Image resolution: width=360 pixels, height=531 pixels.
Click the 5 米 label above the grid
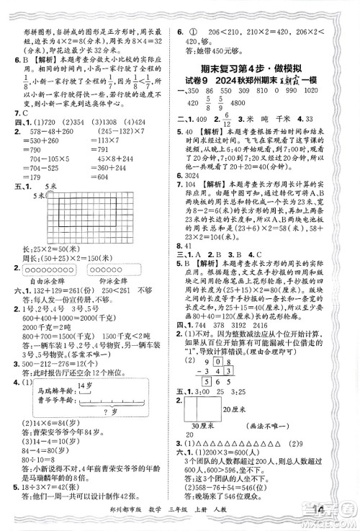[50, 206]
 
